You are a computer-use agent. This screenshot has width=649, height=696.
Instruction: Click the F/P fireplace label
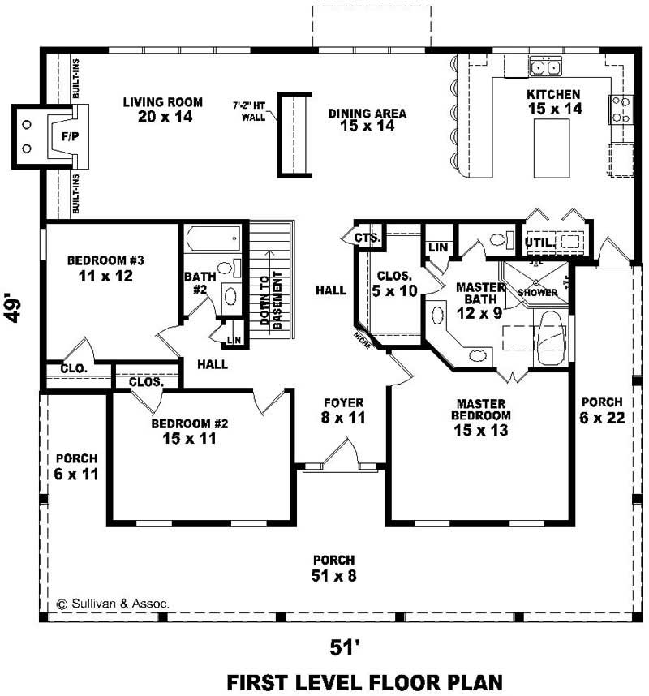[69, 136]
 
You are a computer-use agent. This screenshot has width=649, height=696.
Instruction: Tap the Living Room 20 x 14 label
[163, 110]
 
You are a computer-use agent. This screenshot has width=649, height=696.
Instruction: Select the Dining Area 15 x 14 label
[367, 119]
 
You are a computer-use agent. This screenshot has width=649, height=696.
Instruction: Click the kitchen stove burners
[621, 109]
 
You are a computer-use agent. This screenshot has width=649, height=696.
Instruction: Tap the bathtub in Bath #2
[213, 239]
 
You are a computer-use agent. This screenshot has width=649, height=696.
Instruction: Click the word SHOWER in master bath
[537, 292]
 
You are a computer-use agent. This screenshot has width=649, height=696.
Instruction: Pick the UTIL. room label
[539, 242]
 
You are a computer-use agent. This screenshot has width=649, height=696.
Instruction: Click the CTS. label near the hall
[367, 238]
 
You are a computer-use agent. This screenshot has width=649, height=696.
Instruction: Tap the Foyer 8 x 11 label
[343, 410]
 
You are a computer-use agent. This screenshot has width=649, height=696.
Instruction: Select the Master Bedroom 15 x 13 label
[481, 417]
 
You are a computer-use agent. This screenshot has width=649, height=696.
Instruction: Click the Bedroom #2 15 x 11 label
[190, 431]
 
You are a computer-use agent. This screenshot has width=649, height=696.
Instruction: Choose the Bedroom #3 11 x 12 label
[105, 269]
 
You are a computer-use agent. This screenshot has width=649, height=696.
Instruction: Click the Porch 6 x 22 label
[601, 410]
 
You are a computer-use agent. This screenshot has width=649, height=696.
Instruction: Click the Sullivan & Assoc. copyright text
[101, 604]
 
